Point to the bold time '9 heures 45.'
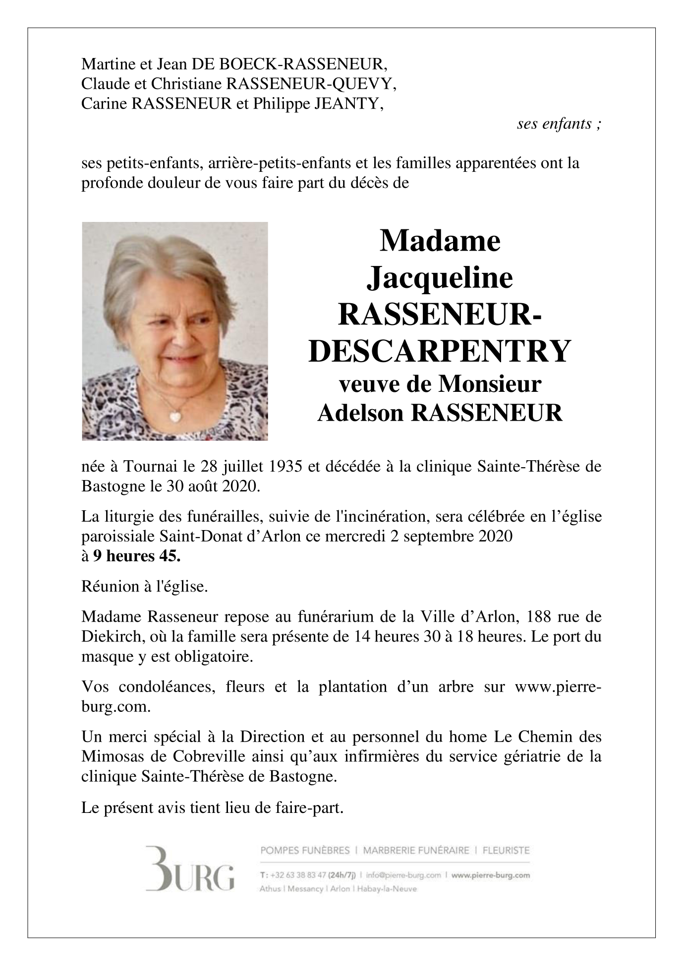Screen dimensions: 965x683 137,556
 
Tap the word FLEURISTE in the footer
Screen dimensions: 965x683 506,851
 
